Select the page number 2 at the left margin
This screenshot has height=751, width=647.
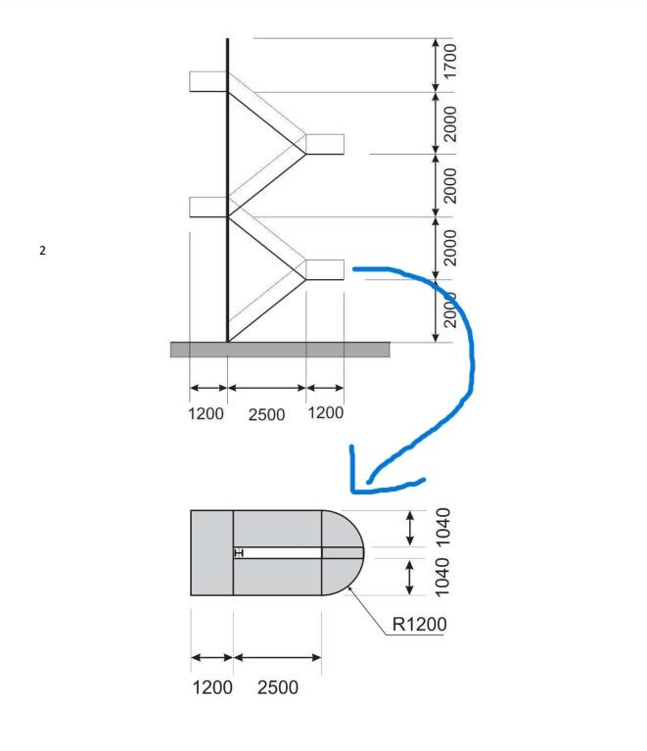[42, 251]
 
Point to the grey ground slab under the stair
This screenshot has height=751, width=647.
[280, 350]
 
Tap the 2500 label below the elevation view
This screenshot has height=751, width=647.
[265, 414]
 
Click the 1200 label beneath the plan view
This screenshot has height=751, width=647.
[210, 686]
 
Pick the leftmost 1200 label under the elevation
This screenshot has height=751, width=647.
[206, 413]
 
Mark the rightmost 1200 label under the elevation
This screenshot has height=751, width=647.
[326, 413]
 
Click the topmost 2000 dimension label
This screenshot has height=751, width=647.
[449, 122]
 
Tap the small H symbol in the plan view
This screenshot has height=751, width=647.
[238, 553]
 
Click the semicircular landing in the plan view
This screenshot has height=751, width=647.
[343, 552]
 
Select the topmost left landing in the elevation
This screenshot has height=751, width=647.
[208, 81]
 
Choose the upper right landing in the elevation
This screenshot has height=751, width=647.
[325, 144]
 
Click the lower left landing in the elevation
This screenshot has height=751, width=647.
[208, 207]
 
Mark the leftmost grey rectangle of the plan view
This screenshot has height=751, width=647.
[211, 552]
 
